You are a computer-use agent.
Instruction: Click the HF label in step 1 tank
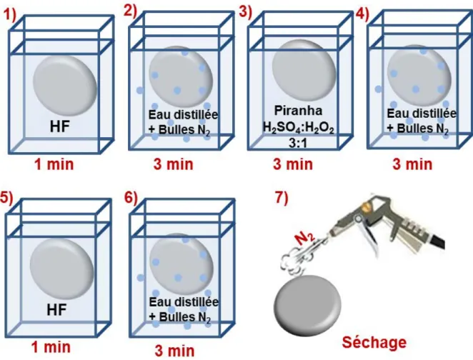point(60,126)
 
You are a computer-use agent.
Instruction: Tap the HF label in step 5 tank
point(56,310)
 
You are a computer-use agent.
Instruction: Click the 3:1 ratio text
point(298,143)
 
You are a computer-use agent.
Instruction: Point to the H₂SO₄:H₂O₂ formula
point(299,128)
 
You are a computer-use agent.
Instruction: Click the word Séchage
point(374,343)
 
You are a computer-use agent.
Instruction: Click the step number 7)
point(282,197)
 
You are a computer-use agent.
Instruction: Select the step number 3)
point(245,13)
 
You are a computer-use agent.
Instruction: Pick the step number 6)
point(131,197)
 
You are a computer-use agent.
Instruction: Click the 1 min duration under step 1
point(54,164)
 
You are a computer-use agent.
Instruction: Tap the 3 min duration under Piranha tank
point(293,164)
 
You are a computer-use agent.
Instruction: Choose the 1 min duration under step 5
point(51,347)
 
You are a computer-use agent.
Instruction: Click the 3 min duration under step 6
point(174,351)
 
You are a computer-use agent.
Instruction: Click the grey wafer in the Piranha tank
point(304,70)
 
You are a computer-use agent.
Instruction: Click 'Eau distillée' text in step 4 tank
point(422,114)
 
